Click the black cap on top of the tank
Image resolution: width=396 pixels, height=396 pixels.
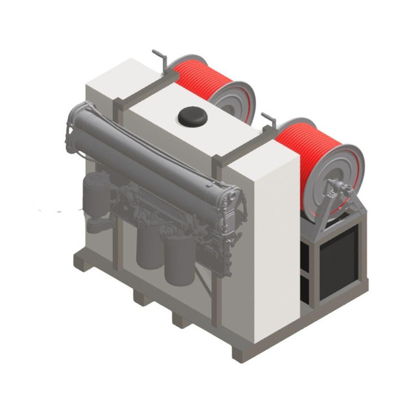coord(192,117)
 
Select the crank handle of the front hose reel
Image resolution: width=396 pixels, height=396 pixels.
coord(268,120)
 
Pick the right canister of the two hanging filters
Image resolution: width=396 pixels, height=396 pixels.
coord(180,261)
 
